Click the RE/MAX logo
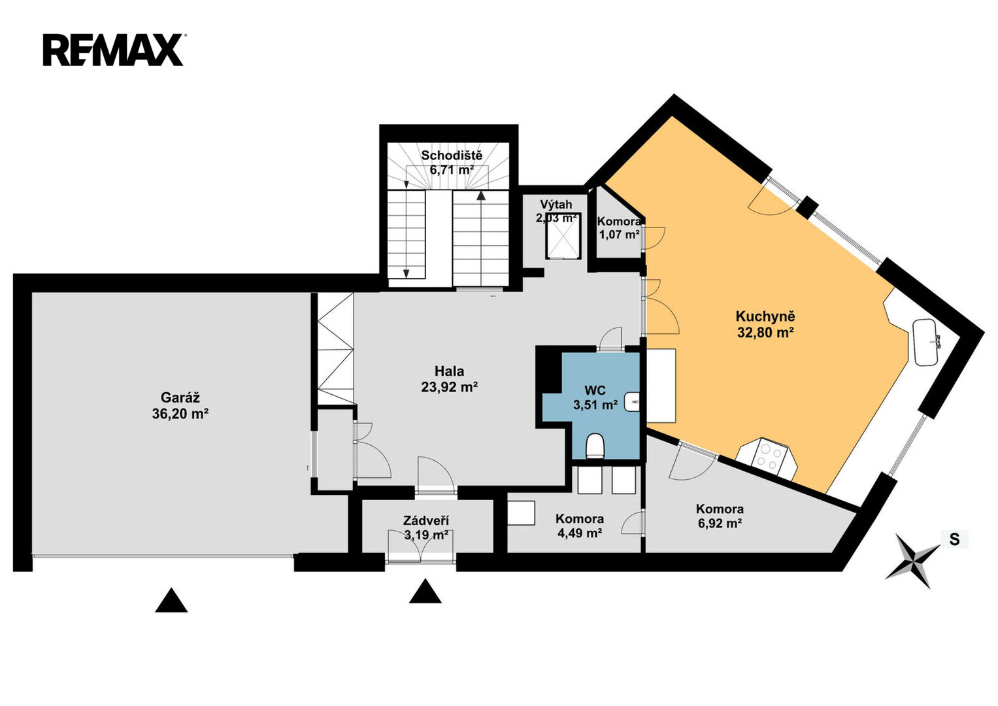click(114, 50)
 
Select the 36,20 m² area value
click(180, 414)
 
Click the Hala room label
click(449, 371)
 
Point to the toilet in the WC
click(595, 446)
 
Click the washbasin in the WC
click(632, 401)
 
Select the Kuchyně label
click(765, 316)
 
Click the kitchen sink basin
click(927, 342)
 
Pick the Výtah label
click(556, 205)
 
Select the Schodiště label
click(452, 156)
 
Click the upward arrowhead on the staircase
click(481, 195)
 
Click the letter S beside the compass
click(954, 539)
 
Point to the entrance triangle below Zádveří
click(425, 591)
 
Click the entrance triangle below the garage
click(171, 600)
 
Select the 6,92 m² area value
click(720, 523)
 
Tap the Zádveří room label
click(426, 520)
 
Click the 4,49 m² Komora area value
click(580, 533)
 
